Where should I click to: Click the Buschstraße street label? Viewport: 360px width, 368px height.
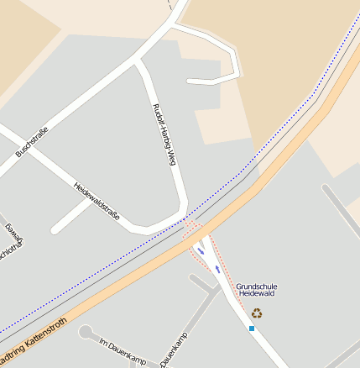(x=32, y=142)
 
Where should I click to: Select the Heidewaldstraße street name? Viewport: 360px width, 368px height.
(x=97, y=202)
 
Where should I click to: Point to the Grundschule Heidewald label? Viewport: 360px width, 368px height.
(x=256, y=290)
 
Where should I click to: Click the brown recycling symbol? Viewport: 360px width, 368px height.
(x=257, y=313)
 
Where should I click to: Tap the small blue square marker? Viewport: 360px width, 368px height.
(x=251, y=328)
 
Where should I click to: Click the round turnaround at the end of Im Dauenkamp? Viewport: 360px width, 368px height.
(x=86, y=333)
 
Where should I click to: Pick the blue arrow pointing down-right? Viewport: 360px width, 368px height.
(x=218, y=269)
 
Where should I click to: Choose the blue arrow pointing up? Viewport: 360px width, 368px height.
(x=201, y=250)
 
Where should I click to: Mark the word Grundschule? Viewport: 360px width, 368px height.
(x=256, y=286)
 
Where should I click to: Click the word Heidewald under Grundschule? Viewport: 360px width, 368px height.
(x=256, y=294)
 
